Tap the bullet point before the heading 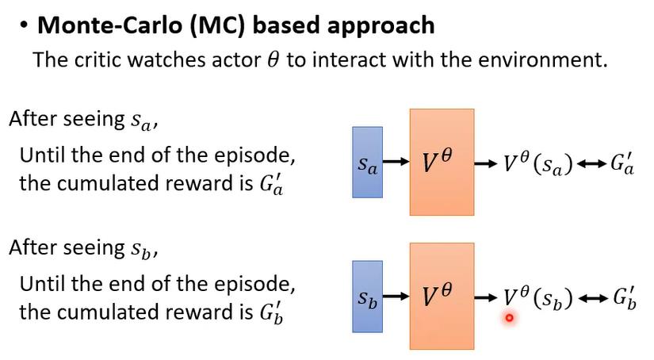[24, 25]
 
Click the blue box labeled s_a [367, 163]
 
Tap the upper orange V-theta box [442, 163]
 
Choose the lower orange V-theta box [442, 297]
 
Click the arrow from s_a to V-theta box [396, 163]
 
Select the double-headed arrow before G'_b [594, 298]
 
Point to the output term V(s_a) [537, 164]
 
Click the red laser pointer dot [509, 318]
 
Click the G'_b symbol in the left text [271, 312]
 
